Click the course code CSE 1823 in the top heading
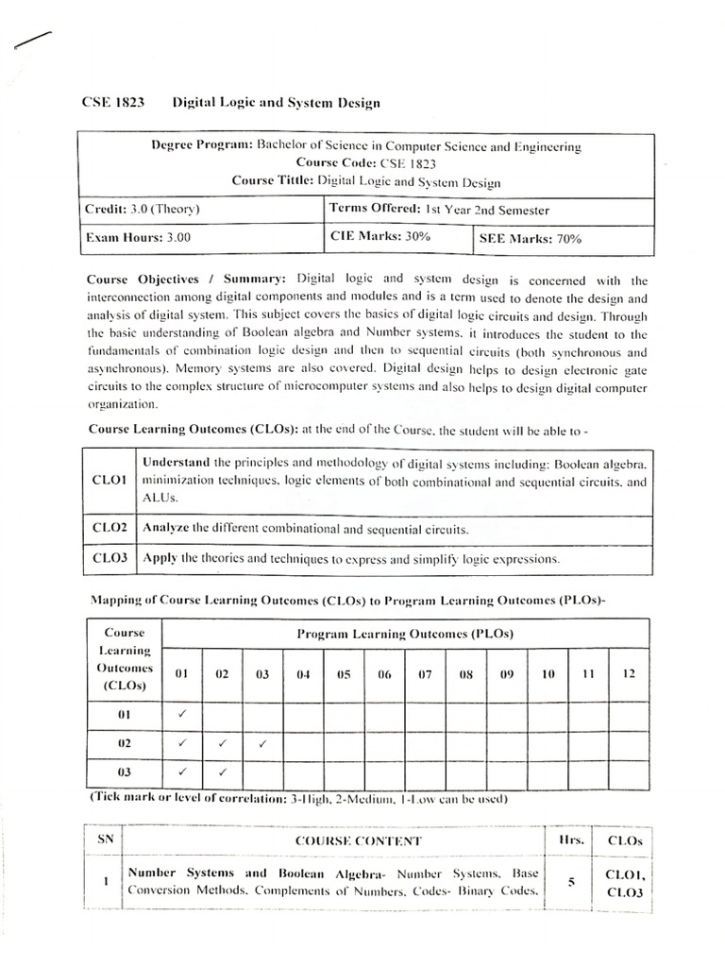click(x=111, y=103)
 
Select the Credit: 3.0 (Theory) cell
click(x=143, y=210)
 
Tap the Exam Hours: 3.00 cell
click(x=139, y=239)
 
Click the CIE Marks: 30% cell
click(x=379, y=237)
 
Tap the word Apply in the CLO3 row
click(x=160, y=558)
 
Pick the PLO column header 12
click(x=628, y=673)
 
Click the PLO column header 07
click(x=425, y=674)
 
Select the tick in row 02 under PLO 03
click(x=262, y=743)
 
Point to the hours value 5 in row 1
click(x=572, y=882)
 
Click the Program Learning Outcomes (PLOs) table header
click(x=405, y=634)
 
